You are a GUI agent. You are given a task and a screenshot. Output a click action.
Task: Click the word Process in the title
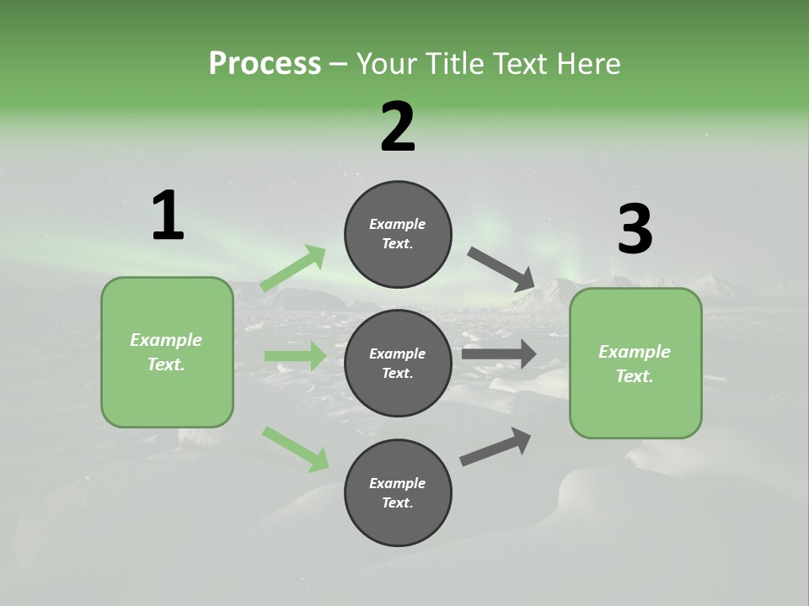coord(265,64)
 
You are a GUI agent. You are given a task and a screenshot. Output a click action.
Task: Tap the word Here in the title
coord(588,64)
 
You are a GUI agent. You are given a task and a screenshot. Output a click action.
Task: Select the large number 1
coord(168,216)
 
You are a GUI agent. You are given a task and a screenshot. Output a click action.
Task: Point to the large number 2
coord(398,127)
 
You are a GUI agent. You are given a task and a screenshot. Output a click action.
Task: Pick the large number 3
coord(635,230)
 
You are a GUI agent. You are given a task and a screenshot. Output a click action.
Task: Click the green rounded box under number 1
coord(167,352)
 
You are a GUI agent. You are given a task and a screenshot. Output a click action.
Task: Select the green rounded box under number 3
coord(635,364)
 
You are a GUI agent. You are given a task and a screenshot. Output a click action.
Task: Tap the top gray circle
coord(398,234)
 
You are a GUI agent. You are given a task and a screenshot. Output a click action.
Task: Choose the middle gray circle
coord(398,363)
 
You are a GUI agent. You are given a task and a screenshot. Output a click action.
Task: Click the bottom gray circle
coord(398,492)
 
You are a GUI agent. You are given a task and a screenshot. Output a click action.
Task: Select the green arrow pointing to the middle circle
coord(295,356)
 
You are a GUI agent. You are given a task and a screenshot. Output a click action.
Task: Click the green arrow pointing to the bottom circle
coord(296,449)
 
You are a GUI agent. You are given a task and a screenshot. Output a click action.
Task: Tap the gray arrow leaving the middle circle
coord(499,353)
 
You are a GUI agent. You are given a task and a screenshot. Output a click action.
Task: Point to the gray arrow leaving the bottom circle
coord(496,447)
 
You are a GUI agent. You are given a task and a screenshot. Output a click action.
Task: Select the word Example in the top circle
coord(398,225)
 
